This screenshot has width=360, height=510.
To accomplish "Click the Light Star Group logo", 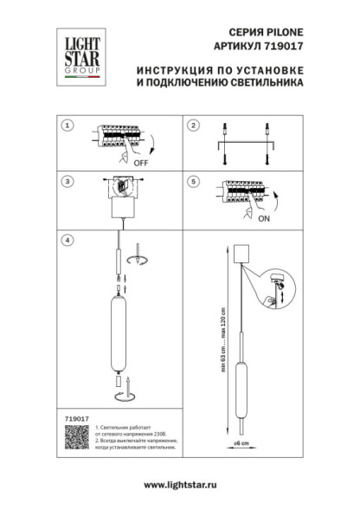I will (78, 57).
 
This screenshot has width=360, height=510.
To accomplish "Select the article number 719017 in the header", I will (285, 49).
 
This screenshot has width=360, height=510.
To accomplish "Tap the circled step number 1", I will (66, 126).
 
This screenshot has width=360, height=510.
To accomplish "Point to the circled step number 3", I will (66, 183).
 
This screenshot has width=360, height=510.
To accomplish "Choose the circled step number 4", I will (66, 240).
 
